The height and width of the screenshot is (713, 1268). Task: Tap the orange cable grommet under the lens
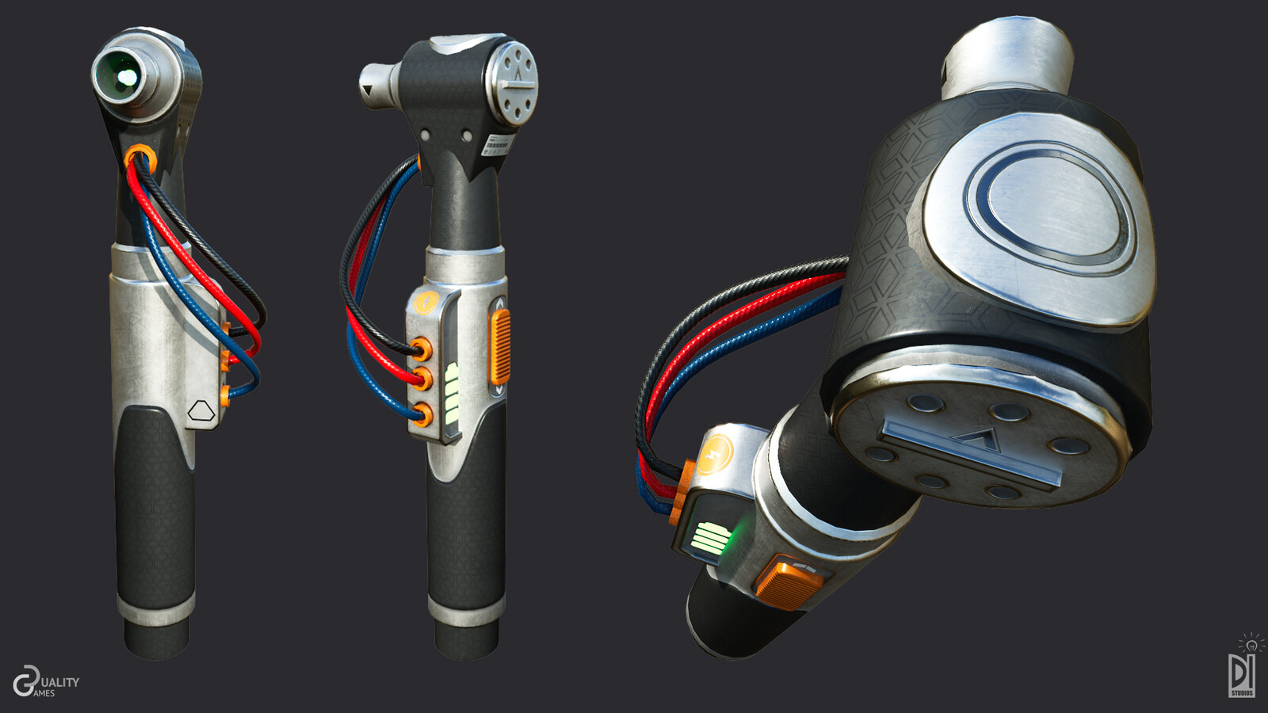(x=139, y=154)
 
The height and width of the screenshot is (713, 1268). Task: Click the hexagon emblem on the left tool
(x=201, y=412)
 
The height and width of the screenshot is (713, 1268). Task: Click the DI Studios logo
(x=1242, y=669)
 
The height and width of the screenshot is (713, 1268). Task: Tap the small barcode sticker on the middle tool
(x=497, y=146)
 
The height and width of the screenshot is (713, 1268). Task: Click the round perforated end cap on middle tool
(x=514, y=82)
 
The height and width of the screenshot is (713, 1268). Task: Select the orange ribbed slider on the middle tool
(x=500, y=346)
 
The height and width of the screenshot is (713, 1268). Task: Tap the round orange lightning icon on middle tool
(x=426, y=302)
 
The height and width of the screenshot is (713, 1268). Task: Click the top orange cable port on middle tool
(x=422, y=348)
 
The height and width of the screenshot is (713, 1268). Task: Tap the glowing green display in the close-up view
(x=711, y=540)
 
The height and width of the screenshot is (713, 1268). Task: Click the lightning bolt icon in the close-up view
(x=717, y=455)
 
